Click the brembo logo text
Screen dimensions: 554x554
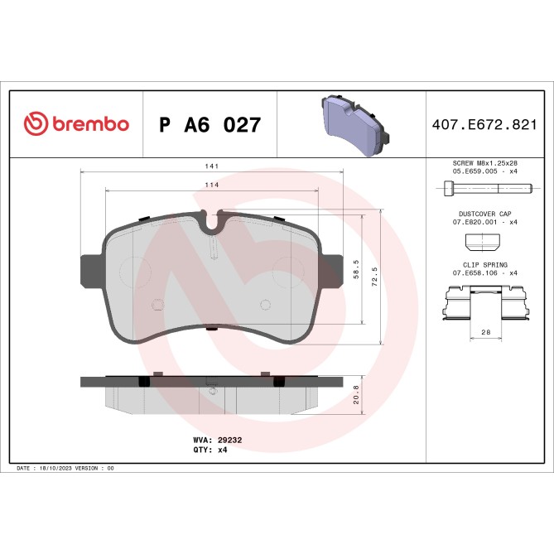point(90,124)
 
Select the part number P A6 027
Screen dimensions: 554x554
point(210,125)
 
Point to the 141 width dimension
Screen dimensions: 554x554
point(212,166)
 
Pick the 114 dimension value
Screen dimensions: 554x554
point(212,185)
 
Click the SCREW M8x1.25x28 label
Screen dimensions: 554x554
point(484,164)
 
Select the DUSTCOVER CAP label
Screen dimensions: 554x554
point(484,214)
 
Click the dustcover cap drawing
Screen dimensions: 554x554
point(484,241)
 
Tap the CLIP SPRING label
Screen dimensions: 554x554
point(484,264)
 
